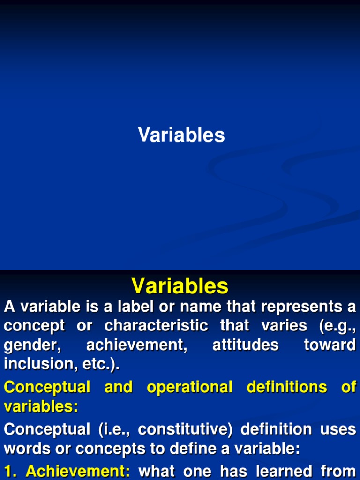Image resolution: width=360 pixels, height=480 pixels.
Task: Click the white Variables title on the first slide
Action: [181, 135]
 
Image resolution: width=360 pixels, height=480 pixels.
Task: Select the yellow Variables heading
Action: [180, 286]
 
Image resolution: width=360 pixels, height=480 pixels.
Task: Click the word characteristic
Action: [156, 326]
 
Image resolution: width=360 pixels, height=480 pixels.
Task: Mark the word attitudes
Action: [246, 345]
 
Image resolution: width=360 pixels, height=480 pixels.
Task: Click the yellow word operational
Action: [189, 387]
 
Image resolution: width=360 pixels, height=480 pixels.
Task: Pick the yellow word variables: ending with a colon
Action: [41, 406]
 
